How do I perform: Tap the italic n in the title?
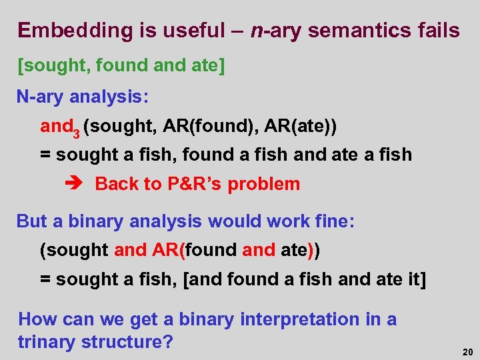tap(259, 31)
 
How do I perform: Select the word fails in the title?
tap(436, 31)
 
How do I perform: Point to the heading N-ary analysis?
tap(83, 97)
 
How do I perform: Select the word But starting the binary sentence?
tap(32, 221)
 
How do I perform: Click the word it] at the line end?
tap(413, 279)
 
